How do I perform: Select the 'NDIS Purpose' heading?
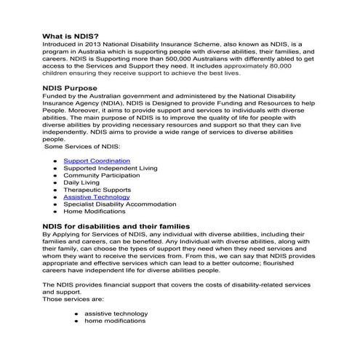click(73, 108)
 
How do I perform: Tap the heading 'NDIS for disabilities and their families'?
click(116, 227)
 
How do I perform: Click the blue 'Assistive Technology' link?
click(97, 196)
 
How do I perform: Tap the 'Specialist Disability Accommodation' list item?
click(119, 204)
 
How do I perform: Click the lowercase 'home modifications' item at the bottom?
click(114, 321)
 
